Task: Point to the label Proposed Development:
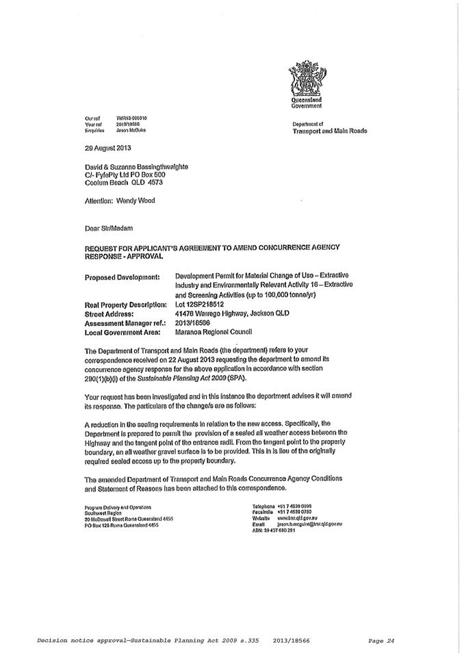(x=122, y=277)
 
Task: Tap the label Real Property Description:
(x=126, y=305)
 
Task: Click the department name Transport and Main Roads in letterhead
(x=329, y=130)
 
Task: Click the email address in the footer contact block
(x=309, y=524)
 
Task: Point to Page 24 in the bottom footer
(x=382, y=641)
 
